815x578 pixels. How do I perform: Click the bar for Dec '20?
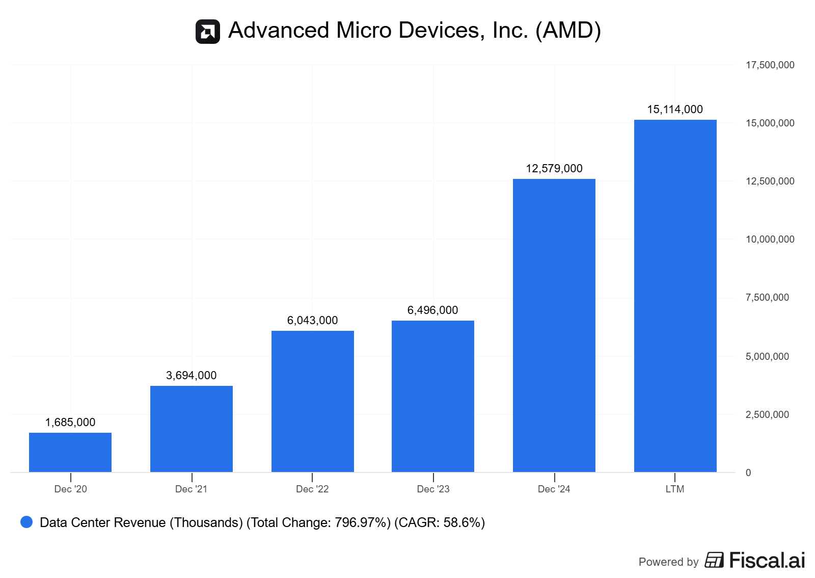coord(70,452)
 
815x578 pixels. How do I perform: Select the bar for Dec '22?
coord(312,401)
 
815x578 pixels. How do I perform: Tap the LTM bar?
coord(675,296)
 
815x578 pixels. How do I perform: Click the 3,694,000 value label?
coord(192,376)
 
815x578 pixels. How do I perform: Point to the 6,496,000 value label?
coord(432,310)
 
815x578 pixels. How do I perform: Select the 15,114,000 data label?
coord(675,110)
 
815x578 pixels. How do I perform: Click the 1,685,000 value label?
coord(70,423)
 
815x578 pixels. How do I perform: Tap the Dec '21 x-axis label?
coord(191,489)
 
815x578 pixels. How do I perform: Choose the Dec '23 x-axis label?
coord(433,489)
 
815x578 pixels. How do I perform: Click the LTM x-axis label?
coord(675,489)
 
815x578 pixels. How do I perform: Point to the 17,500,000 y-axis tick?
coord(770,65)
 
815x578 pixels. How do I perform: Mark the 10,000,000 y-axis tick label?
coord(770,240)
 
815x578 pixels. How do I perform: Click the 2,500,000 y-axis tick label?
coord(767,415)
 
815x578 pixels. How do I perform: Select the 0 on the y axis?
coord(748,473)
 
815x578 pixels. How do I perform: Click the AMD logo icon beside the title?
coord(208,32)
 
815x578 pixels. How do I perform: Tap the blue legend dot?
coord(26,522)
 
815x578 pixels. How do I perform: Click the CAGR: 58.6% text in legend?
coord(440,523)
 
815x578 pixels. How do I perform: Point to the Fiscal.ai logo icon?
coord(714,560)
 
